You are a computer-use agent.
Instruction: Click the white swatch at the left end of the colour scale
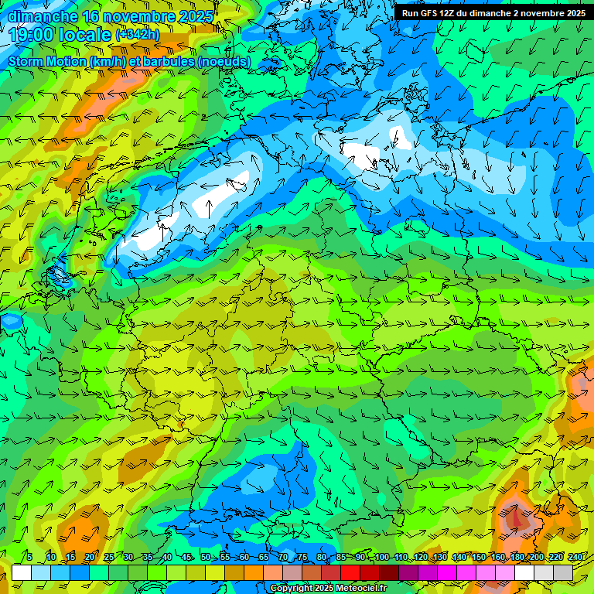(22, 572)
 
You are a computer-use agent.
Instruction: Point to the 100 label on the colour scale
(381, 558)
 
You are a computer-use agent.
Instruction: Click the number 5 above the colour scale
(29, 558)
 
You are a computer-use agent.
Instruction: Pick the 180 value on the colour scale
(517, 558)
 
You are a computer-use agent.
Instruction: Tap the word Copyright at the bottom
(291, 589)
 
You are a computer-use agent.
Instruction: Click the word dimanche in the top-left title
(43, 16)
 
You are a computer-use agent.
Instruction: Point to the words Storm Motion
(47, 61)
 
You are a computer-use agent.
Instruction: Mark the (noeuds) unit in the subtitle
(224, 61)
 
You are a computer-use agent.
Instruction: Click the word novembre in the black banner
(541, 13)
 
